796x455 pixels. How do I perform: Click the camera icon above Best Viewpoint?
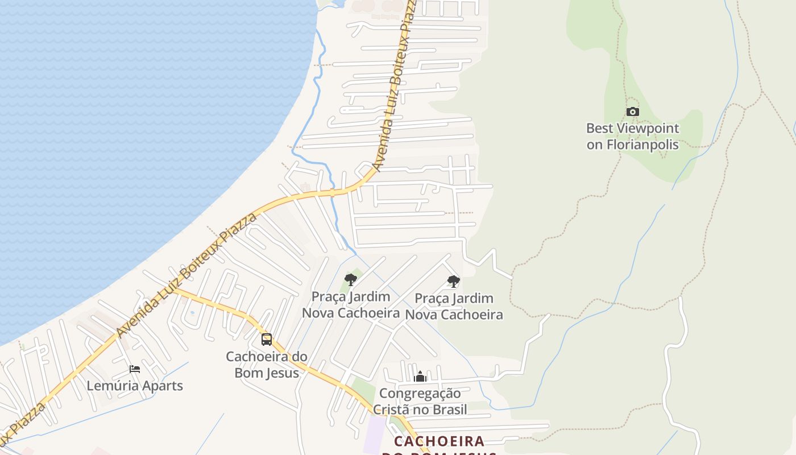[632, 112]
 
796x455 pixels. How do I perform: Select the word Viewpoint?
[647, 128]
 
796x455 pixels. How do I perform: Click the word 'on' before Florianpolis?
[594, 144]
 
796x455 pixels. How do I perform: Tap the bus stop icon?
[266, 340]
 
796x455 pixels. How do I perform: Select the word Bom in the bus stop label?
[248, 373]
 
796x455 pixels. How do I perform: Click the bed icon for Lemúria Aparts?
[135, 369]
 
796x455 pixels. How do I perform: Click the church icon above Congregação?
[420, 377]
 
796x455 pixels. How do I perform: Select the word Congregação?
[420, 393]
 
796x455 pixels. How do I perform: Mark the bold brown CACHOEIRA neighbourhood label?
[439, 441]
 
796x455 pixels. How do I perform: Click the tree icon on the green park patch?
[351, 280]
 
